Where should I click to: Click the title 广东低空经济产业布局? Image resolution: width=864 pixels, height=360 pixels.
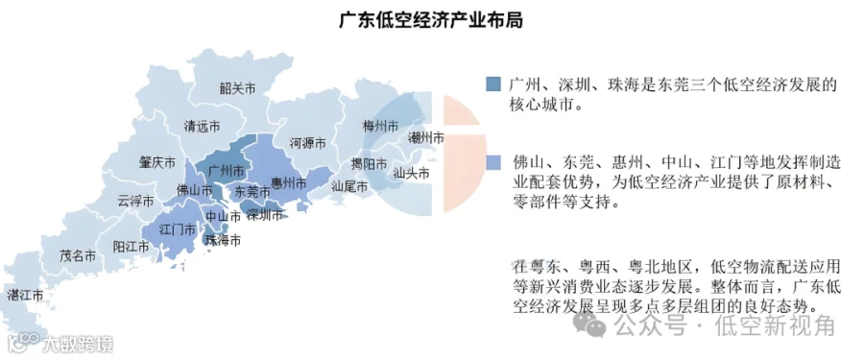point(431,19)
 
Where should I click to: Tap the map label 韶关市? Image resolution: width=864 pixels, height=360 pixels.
point(237,87)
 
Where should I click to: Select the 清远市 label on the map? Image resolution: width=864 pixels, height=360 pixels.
point(203,126)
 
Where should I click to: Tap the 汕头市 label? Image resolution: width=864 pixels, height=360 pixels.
point(411,174)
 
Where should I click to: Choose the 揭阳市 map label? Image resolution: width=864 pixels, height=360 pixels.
point(368,162)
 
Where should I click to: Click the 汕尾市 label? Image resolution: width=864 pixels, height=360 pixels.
point(348,186)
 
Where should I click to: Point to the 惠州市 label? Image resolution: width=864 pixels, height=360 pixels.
point(288,182)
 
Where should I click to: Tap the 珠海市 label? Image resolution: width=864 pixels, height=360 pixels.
point(223,240)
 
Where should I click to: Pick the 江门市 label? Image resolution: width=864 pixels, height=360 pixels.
point(177,230)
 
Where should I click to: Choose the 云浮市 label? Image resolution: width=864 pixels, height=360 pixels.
point(135,202)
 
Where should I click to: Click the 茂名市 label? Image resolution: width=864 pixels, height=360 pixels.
point(78,256)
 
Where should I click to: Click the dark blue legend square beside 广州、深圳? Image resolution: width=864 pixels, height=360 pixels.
point(493,84)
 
